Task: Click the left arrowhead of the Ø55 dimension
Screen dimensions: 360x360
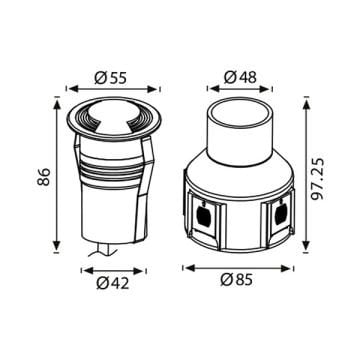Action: pyautogui.click(x=67, y=91)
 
